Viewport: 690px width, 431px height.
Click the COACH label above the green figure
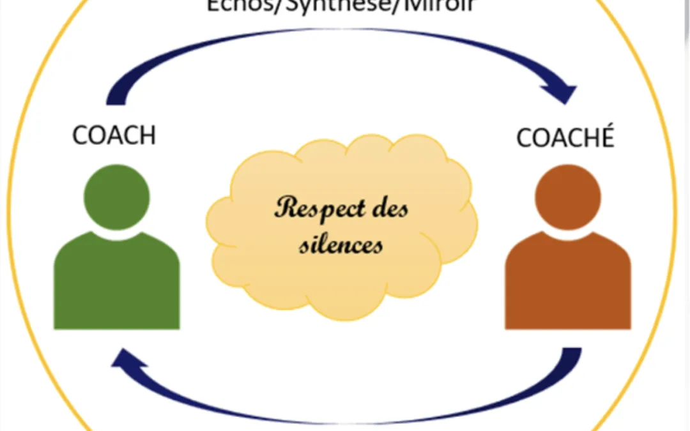tap(114, 135)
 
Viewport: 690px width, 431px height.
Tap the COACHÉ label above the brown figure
tap(565, 137)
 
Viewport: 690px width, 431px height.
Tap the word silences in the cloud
tap(341, 245)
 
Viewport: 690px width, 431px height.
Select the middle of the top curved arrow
tap(339, 32)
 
